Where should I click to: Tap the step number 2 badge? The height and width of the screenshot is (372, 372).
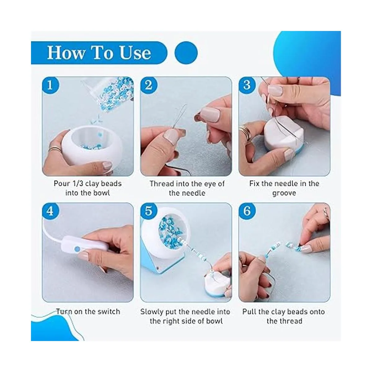click(148, 85)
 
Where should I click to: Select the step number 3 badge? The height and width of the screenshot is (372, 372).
click(247, 85)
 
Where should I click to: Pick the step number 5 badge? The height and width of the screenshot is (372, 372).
click(148, 211)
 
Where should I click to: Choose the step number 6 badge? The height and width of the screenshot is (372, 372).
click(247, 211)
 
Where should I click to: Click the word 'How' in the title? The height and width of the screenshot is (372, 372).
click(66, 53)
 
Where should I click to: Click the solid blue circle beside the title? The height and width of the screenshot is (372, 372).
click(186, 53)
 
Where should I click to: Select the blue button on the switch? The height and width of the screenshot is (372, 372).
click(77, 249)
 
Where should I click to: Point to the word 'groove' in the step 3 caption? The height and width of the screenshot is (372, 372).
click(284, 193)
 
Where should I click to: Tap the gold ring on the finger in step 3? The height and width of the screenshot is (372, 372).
click(245, 133)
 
